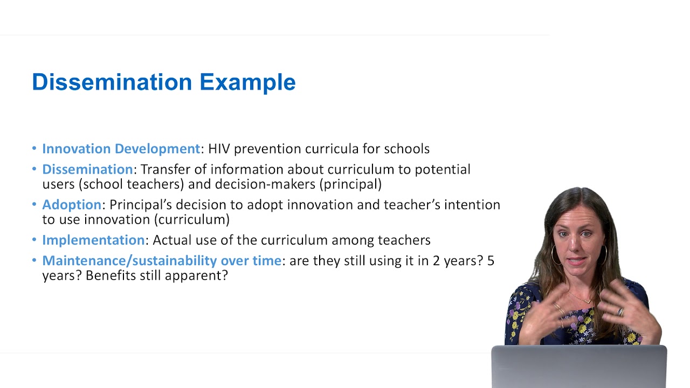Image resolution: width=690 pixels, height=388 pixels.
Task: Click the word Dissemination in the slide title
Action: point(112,82)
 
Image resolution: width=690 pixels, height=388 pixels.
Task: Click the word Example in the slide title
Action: point(247,82)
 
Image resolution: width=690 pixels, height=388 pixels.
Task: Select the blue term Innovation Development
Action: point(121,149)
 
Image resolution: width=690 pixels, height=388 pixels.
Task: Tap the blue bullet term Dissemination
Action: point(87,169)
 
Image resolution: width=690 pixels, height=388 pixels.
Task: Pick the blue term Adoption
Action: point(72,205)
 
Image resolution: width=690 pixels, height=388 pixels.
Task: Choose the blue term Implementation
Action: point(93,240)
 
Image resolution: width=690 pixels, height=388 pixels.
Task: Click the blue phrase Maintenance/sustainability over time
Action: point(162,261)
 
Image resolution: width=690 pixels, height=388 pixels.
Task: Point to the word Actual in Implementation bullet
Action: point(171,240)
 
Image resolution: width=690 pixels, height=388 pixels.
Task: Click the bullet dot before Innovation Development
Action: point(34,149)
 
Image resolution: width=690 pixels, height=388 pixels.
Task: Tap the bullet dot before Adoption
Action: point(34,205)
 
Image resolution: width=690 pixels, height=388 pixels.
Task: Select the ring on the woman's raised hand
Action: point(621,311)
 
